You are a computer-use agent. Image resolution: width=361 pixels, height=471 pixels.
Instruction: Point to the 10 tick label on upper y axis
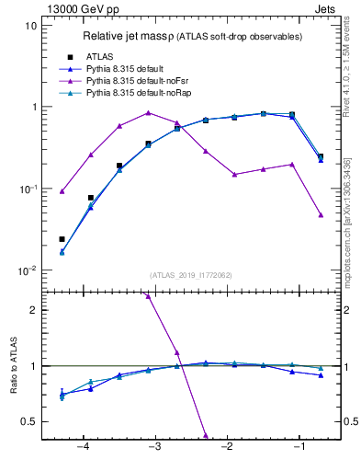(x=30, y=26)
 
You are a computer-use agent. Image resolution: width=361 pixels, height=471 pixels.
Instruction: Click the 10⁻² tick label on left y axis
(x=27, y=271)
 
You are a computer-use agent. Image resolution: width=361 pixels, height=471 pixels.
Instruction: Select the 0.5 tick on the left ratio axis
(x=28, y=421)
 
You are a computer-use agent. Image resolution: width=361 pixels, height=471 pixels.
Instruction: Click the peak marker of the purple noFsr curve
(x=148, y=113)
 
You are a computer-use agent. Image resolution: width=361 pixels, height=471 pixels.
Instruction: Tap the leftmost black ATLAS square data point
(x=62, y=239)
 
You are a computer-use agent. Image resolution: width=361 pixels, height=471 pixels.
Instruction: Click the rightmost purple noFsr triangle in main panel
(x=321, y=214)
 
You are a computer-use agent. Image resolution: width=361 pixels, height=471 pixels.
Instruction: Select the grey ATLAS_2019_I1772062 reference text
(x=191, y=275)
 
